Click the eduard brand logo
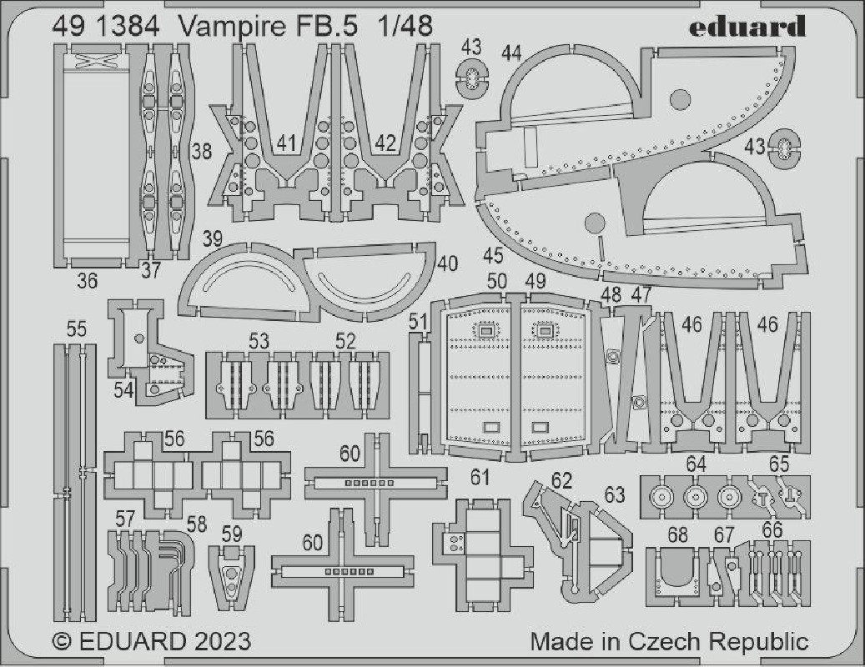[x=747, y=27]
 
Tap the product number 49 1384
[x=107, y=27]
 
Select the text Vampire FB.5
[x=269, y=28]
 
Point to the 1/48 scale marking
[x=405, y=27]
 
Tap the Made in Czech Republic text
[x=669, y=642]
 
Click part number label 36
[x=87, y=281]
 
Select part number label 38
[x=201, y=150]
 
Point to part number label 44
[x=511, y=53]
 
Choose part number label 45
[x=493, y=255]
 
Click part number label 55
[x=76, y=329]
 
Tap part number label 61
[x=480, y=477]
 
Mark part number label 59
[x=232, y=534]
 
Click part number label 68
[x=677, y=534]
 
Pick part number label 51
[x=418, y=322]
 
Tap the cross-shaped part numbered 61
[x=483, y=554]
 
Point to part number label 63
[x=614, y=495]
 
